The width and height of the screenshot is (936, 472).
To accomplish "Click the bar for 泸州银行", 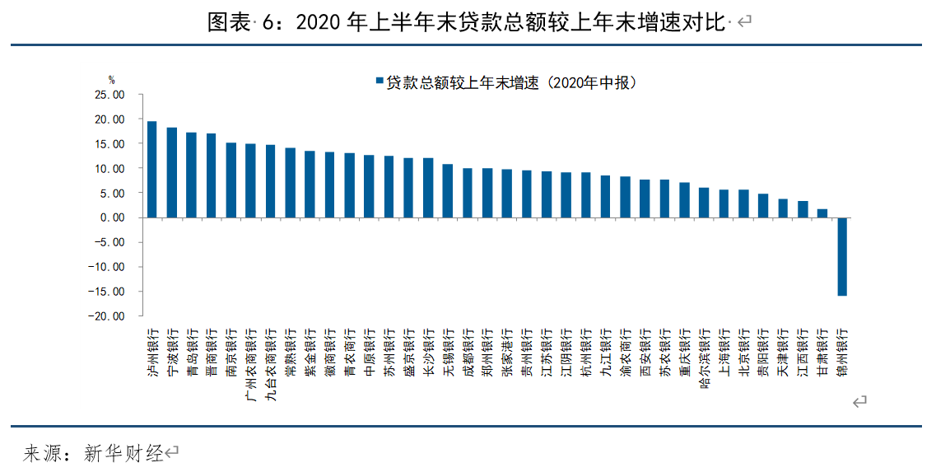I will click(151, 170).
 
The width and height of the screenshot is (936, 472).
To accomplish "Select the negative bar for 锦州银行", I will click(842, 256).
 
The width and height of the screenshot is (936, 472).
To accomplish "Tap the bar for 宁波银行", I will click(171, 173).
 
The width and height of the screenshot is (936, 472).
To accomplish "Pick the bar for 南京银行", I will click(231, 180).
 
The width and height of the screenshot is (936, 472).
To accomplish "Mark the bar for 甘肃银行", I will click(822, 213).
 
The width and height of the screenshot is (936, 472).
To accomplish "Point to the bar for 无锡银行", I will click(448, 191).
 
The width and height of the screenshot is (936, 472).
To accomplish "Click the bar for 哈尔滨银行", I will click(704, 203).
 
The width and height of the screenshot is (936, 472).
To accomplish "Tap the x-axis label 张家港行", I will click(507, 353).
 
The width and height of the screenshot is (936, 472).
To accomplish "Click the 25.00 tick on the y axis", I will click(109, 95).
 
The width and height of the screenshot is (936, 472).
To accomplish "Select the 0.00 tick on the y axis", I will click(112, 217).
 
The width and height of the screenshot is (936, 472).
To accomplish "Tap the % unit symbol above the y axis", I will click(112, 80).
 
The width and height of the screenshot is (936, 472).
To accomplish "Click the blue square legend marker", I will click(380, 82).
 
